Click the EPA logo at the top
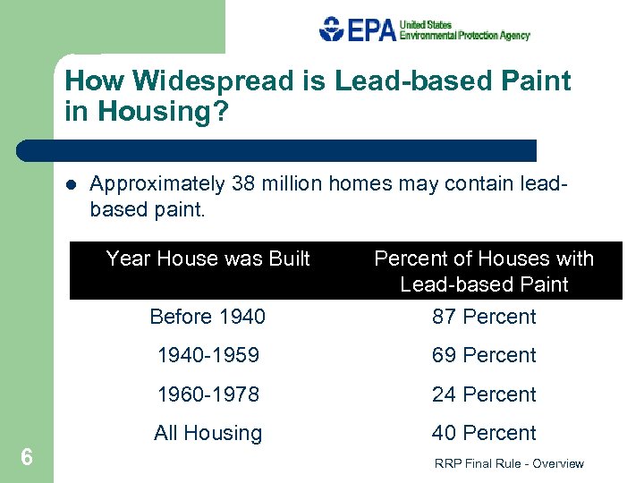tap(358, 29)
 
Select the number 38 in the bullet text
tap(242, 184)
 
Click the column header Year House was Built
tap(208, 258)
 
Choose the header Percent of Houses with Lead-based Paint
tap(484, 271)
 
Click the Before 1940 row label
tap(208, 317)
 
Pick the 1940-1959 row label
tap(208, 355)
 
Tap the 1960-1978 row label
tap(208, 394)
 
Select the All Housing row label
tap(208, 433)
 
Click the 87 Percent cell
tap(484, 317)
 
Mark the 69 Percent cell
tap(484, 355)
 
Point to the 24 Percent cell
tap(484, 394)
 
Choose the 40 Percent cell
tap(484, 433)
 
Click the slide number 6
tap(27, 458)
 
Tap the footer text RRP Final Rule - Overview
tap(508, 463)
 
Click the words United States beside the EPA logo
tap(426, 24)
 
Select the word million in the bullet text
tap(293, 184)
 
